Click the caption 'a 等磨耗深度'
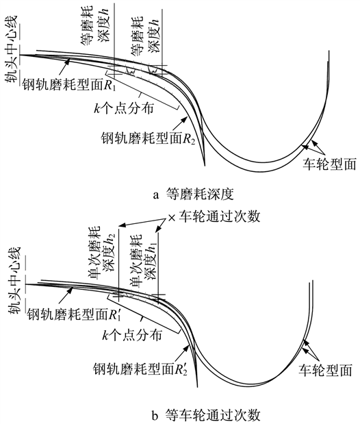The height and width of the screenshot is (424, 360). coord(193,194)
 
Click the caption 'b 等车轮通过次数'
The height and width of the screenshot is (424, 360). coord(206,414)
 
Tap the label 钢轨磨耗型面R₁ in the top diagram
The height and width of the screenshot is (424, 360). coord(69,85)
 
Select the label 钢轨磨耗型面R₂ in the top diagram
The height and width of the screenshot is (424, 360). coord(148,138)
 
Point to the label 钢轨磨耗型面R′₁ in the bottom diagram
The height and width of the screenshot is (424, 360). coord(73,314)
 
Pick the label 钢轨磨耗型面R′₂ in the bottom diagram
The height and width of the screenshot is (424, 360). coord(140,369)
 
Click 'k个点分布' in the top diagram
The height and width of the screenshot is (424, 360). coord(124,108)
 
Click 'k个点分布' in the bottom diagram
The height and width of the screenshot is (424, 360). coord(132,336)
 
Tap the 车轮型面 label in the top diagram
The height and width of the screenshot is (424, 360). coord(329,164)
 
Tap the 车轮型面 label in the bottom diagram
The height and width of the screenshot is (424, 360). coord(325,370)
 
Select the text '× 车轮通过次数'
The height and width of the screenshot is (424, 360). coord(214,216)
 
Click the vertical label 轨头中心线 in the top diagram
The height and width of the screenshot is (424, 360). coord(12,49)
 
